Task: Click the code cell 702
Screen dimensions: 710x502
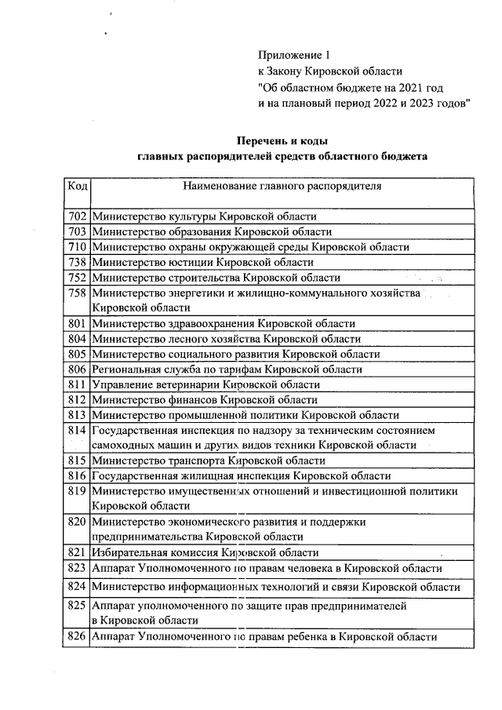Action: [x=76, y=217]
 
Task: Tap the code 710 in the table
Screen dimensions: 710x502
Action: [x=76, y=247]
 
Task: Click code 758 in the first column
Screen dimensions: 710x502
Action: [x=76, y=293]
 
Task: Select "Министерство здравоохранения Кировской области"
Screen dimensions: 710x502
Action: [x=223, y=323]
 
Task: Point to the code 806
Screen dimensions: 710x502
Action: [x=76, y=370]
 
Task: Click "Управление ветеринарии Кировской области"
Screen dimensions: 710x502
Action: [x=206, y=384]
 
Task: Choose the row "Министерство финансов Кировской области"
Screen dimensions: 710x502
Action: [x=206, y=400]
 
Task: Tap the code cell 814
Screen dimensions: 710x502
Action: [x=76, y=431]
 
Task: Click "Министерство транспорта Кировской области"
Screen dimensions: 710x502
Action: [x=208, y=461]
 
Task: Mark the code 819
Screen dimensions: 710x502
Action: [x=76, y=491]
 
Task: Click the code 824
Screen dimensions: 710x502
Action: [x=76, y=587]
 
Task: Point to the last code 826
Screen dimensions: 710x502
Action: [x=76, y=637]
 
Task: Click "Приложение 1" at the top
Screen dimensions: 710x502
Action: [x=289, y=55]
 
